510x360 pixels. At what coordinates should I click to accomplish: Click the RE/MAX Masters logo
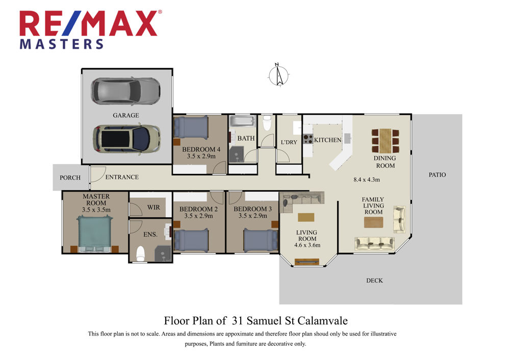pyautogui.click(x=90, y=30)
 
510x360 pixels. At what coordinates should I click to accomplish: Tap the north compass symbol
pyautogui.click(x=278, y=75)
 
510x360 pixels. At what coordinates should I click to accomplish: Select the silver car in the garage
pyautogui.click(x=125, y=91)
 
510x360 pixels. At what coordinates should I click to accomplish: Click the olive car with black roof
pyautogui.click(x=126, y=139)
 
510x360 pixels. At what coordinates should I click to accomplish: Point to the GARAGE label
pyautogui.click(x=126, y=115)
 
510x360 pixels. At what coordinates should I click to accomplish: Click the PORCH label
pyautogui.click(x=70, y=177)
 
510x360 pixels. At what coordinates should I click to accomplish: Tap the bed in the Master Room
pyautogui.click(x=95, y=233)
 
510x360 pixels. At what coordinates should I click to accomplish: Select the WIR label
pyautogui.click(x=154, y=207)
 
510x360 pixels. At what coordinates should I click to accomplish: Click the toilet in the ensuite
pyautogui.click(x=140, y=253)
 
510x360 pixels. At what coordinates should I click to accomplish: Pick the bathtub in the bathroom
pyautogui.click(x=242, y=122)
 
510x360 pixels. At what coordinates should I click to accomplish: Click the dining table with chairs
pyautogui.click(x=385, y=141)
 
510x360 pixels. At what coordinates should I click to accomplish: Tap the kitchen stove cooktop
pyautogui.click(x=308, y=139)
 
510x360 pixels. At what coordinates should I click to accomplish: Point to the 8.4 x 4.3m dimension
pyautogui.click(x=367, y=179)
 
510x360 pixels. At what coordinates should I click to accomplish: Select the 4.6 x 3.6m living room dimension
pyautogui.click(x=308, y=245)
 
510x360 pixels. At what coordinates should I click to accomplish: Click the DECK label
pyautogui.click(x=374, y=280)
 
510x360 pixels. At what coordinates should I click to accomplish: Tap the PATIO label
pyautogui.click(x=437, y=174)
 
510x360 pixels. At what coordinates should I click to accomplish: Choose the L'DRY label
pyautogui.click(x=289, y=142)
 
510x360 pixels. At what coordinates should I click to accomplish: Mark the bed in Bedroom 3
pyautogui.click(x=261, y=240)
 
